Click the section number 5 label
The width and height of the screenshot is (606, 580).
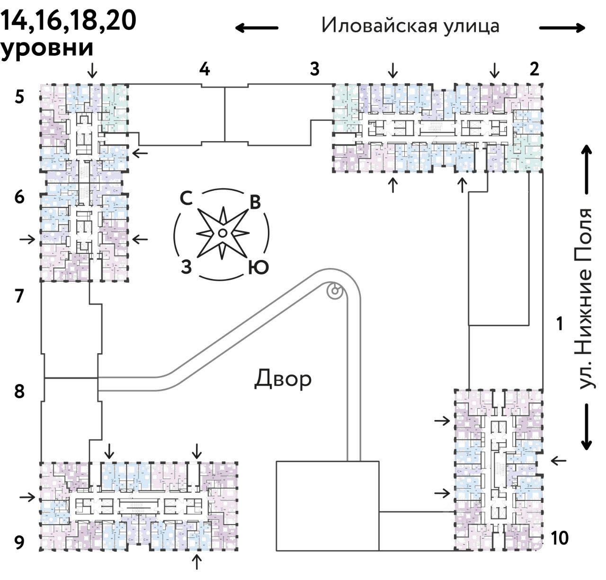click(19, 97)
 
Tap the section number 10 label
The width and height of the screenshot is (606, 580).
click(560, 538)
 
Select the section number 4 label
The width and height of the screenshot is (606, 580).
click(204, 69)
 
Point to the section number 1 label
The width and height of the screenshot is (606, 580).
click(560, 324)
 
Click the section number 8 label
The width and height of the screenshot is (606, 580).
click(19, 392)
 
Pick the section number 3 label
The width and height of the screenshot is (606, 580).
click(314, 69)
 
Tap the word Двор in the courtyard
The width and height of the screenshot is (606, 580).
click(283, 379)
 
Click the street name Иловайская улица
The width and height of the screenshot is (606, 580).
click(410, 26)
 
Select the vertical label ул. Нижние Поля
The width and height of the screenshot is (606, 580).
click(586, 299)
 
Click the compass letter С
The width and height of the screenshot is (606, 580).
click(186, 199)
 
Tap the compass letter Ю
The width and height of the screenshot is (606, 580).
click(258, 268)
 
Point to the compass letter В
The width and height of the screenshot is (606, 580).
click(255, 202)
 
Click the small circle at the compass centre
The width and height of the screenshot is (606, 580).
click(222, 232)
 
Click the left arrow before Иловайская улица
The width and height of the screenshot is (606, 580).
click(257, 28)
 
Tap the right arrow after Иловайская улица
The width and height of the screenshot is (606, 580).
click(562, 28)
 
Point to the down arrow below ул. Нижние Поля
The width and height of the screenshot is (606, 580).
click(587, 427)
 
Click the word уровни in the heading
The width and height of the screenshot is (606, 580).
click(46, 48)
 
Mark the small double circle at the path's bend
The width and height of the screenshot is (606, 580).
click(335, 291)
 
